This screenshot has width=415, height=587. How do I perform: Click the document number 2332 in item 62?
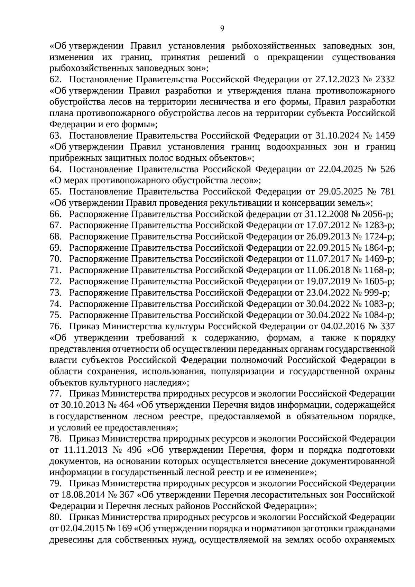point(385,80)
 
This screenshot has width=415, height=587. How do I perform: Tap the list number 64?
point(55,169)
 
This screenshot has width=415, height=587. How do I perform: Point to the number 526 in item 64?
point(387,169)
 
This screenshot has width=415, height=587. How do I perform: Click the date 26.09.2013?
point(327,237)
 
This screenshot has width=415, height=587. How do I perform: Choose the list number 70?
point(55,259)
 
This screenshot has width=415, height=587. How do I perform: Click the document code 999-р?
point(375,293)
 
